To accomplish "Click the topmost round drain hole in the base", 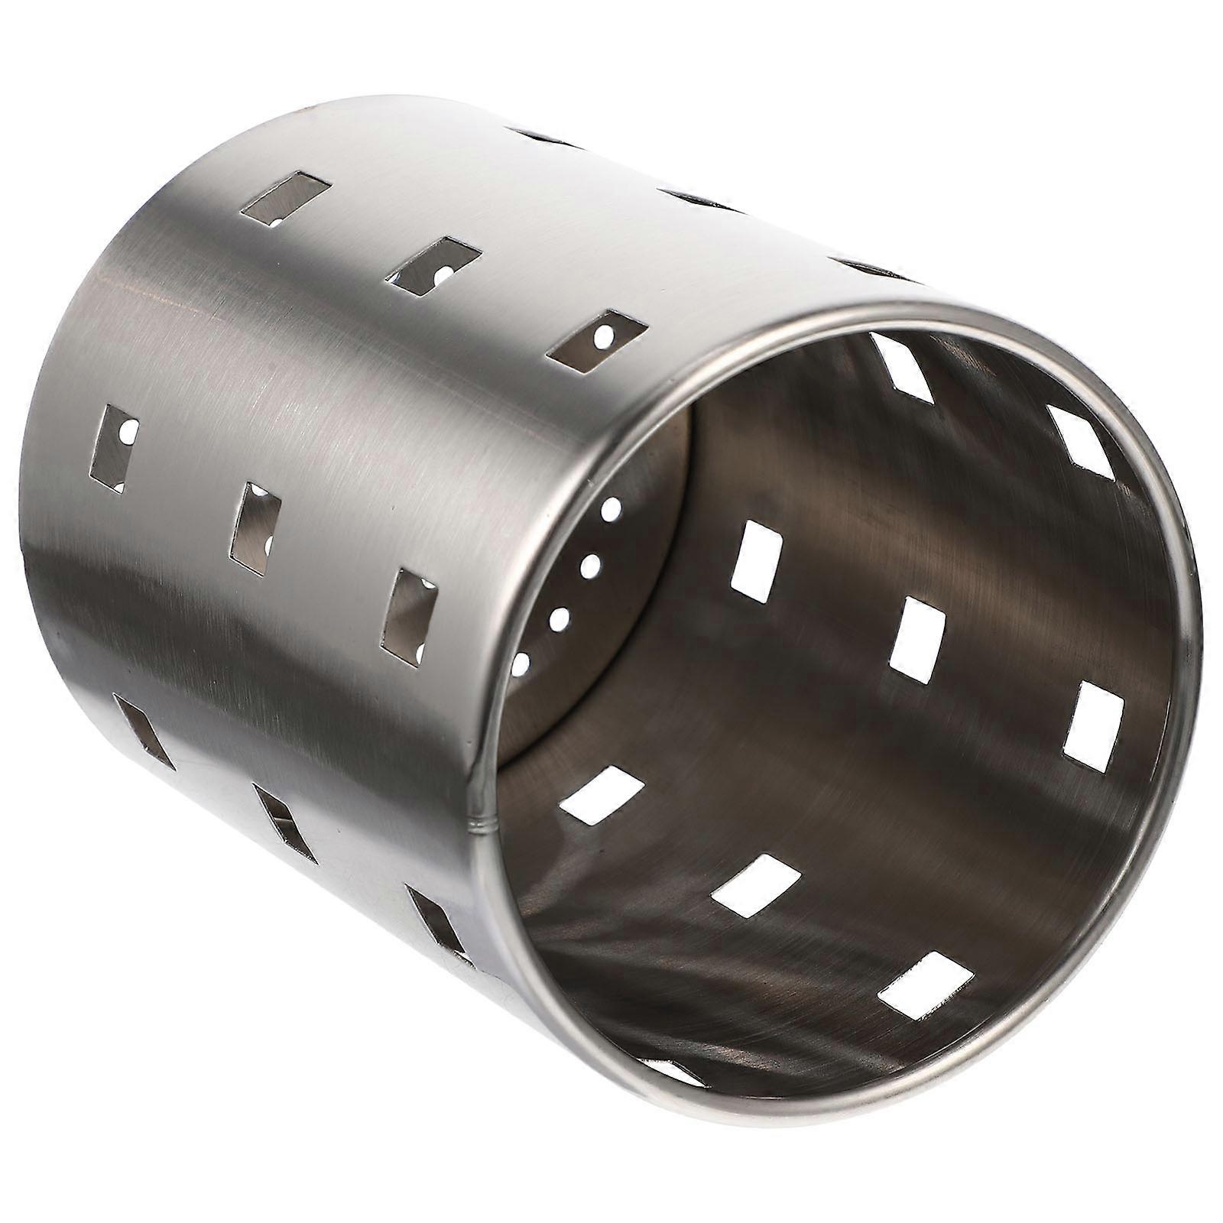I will pyautogui.click(x=611, y=508).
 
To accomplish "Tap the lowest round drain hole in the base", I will pyautogui.click(x=521, y=663).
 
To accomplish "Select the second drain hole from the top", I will pyautogui.click(x=590, y=566).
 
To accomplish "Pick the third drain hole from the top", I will pyautogui.click(x=560, y=618).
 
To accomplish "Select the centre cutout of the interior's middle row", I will pyautogui.click(x=917, y=638).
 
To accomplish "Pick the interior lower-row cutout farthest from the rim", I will pyautogui.click(x=602, y=796).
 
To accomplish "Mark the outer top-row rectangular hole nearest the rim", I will pyautogui.click(x=596, y=341).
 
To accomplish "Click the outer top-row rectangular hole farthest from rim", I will pyautogui.click(x=285, y=199).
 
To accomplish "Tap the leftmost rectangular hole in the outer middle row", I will pyautogui.click(x=113, y=446).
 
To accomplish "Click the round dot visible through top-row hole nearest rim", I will pyautogui.click(x=607, y=334).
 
